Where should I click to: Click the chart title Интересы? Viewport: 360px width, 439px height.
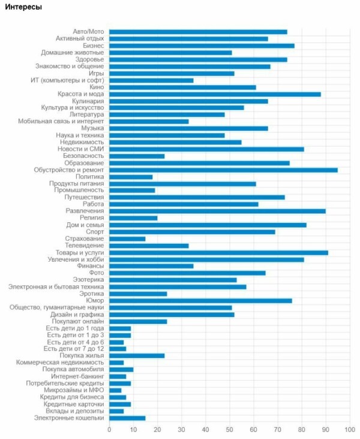coord(23,7)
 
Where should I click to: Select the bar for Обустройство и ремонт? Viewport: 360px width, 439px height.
coord(223,170)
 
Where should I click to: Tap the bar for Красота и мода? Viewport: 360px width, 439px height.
coord(215,94)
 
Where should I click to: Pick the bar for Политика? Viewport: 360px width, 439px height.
coord(131,177)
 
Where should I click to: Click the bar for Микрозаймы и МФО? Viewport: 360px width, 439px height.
coord(115,390)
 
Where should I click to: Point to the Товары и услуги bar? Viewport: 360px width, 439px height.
coord(219,253)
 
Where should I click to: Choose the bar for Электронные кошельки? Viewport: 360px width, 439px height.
coord(127,418)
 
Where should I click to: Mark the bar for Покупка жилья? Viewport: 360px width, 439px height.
coord(137,356)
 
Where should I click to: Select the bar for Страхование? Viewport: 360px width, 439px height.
coord(127,239)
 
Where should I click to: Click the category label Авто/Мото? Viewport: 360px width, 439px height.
coord(88,32)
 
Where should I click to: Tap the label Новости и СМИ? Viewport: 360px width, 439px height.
coord(81,149)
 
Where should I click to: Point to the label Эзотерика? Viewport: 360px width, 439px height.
coord(88,280)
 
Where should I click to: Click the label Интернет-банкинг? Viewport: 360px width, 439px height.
coord(77,377)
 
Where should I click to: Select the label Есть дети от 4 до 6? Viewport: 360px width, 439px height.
coord(76,342)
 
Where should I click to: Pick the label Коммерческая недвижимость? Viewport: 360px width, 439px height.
coord(60,363)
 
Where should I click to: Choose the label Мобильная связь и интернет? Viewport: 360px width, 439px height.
coord(61,121)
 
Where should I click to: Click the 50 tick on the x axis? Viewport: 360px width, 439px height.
coord(229,430)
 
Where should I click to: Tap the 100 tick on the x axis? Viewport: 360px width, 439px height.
coord(350,430)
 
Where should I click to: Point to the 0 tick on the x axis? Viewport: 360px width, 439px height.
coord(109,430)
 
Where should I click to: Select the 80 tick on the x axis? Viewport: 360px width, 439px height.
coord(302,430)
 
